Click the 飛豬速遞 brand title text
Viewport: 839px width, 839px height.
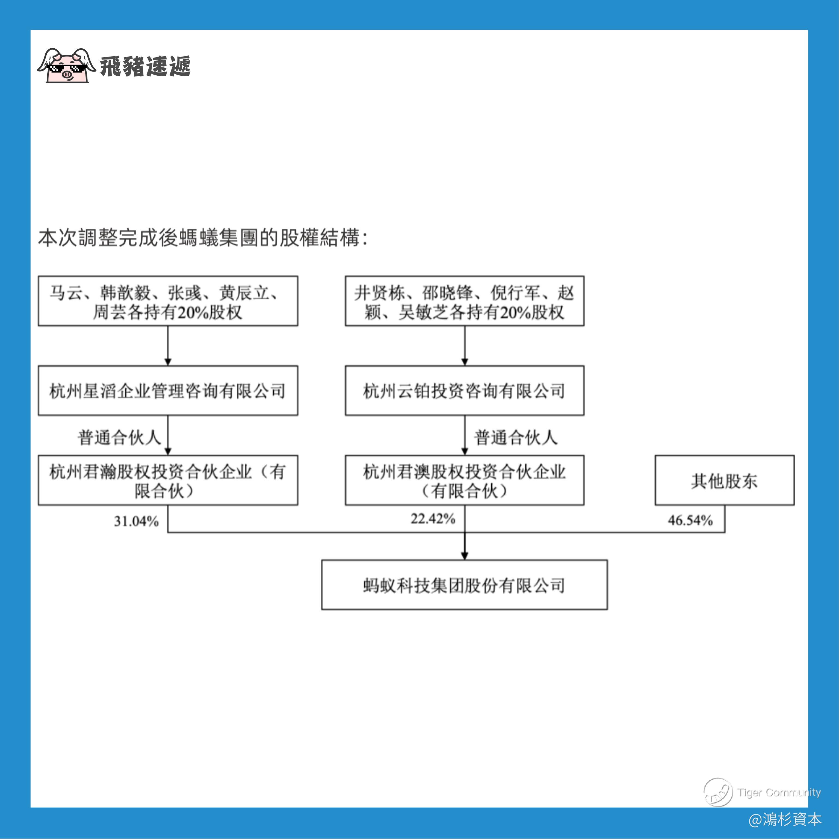click(x=145, y=66)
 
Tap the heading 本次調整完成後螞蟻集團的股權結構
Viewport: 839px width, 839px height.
click(x=202, y=238)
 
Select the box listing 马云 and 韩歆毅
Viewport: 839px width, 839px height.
click(x=168, y=301)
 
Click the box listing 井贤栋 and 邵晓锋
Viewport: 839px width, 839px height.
click(x=464, y=301)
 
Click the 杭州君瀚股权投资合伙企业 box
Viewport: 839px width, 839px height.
click(x=168, y=480)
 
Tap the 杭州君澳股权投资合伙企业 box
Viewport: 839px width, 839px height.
click(x=464, y=480)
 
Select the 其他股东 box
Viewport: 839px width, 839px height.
click(x=724, y=480)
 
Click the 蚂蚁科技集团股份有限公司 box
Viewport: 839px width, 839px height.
click(x=464, y=585)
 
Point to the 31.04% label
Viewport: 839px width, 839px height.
click(x=136, y=521)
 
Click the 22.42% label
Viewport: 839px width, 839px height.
click(x=433, y=519)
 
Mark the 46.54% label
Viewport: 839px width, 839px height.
click(x=690, y=520)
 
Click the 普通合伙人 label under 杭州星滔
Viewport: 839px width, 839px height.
click(x=119, y=437)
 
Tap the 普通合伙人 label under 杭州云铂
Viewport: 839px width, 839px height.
click(x=515, y=437)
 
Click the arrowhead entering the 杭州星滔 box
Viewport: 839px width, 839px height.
click(x=168, y=362)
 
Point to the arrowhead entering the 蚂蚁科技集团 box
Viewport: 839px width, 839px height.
click(x=465, y=556)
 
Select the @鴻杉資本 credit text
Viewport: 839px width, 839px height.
click(x=785, y=819)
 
